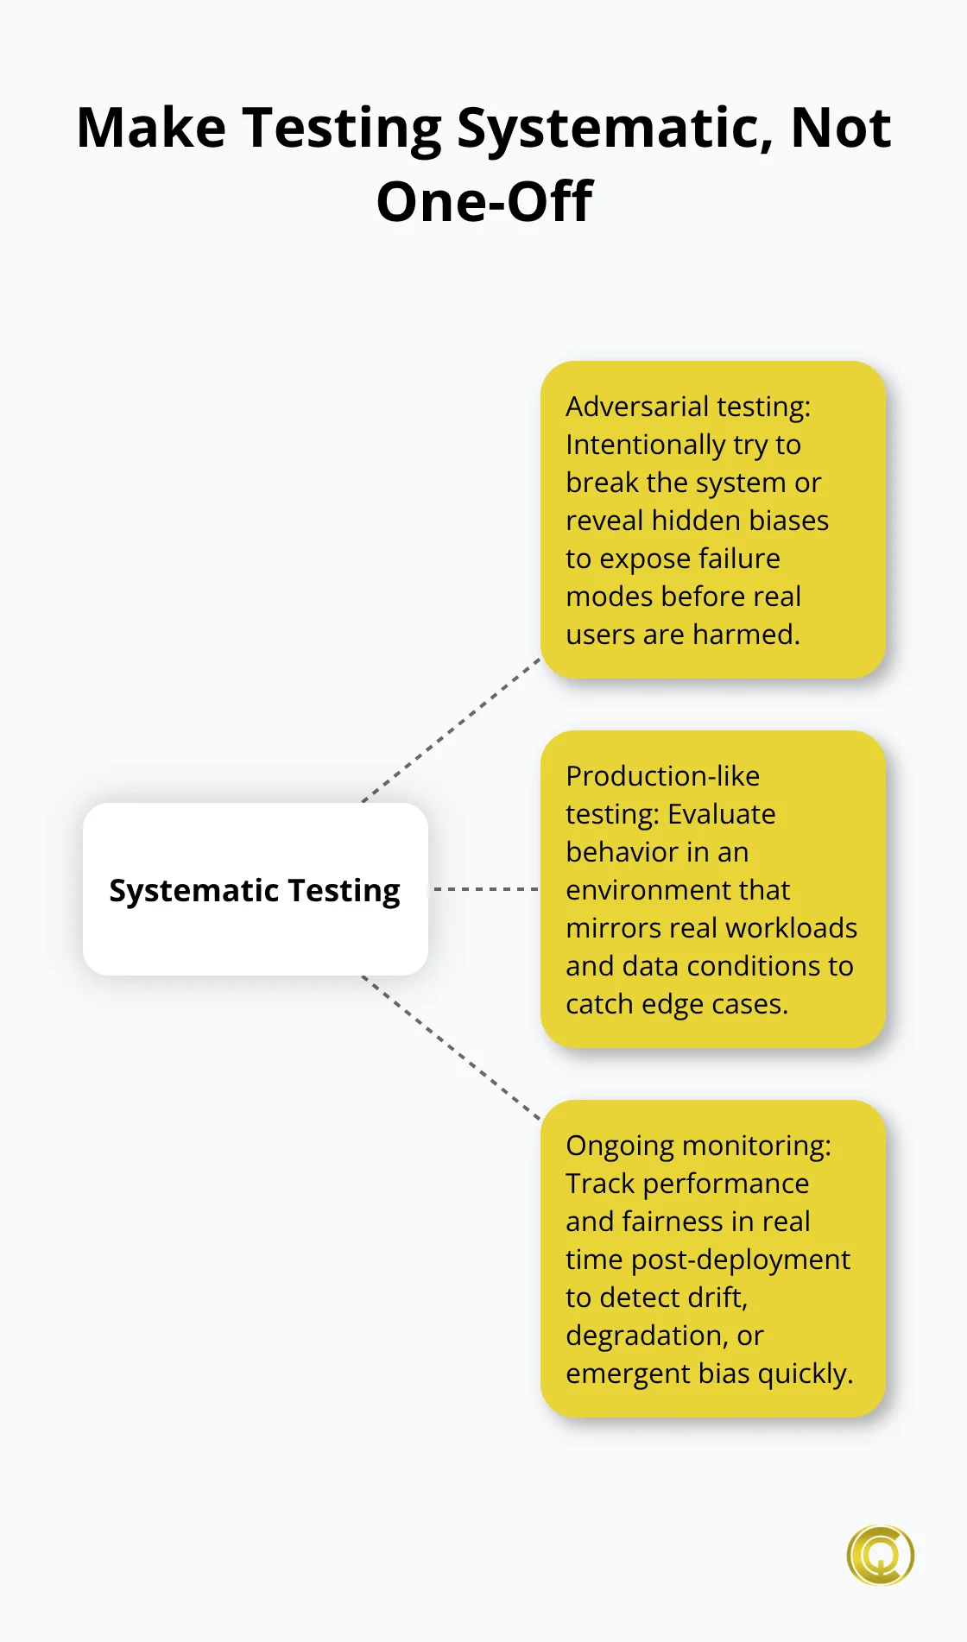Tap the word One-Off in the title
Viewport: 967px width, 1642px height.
tap(484, 202)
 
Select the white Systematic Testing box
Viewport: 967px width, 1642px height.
tap(256, 889)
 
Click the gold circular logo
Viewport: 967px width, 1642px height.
tap(880, 1555)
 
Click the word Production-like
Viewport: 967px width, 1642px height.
tap(662, 776)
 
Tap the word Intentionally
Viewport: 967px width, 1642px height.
tap(646, 445)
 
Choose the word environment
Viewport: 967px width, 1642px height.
tap(678, 890)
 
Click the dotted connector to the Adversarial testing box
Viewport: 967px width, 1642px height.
tap(451, 730)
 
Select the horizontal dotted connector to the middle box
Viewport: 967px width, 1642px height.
tap(486, 889)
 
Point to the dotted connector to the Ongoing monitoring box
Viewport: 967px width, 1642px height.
tap(451, 1048)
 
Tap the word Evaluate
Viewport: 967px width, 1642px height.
tap(722, 814)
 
